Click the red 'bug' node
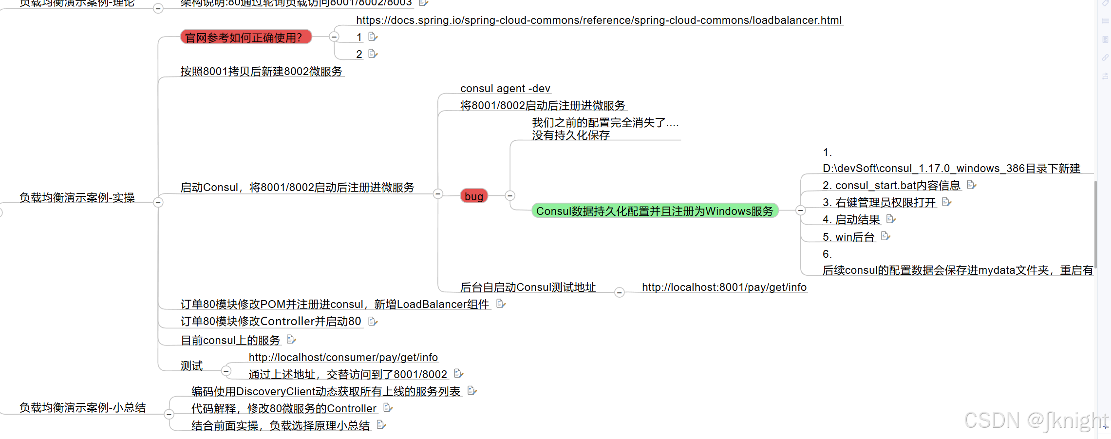(473, 196)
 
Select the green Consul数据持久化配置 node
(655, 211)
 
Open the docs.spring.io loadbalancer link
(599, 20)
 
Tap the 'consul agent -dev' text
(505, 88)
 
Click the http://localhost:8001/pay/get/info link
(724, 287)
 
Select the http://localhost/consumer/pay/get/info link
(343, 357)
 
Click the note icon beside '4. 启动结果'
(890, 219)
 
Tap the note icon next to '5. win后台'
(885, 236)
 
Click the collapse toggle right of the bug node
(510, 195)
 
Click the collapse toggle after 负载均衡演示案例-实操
(158, 202)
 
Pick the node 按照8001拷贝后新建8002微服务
(261, 71)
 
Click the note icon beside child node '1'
(373, 37)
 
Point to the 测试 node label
(191, 365)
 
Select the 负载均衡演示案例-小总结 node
(82, 407)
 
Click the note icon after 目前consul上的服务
(291, 339)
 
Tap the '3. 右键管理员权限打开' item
(879, 202)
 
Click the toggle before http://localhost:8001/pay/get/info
(619, 292)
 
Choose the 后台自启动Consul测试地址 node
(527, 287)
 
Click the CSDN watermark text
(1036, 420)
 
